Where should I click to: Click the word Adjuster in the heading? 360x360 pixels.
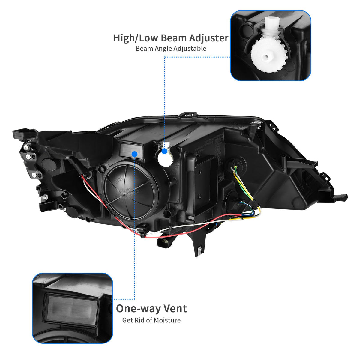click(208, 38)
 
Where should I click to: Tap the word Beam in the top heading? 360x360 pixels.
click(173, 38)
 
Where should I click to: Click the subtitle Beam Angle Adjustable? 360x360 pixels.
click(171, 49)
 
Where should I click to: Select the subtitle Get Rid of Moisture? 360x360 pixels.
click(151, 320)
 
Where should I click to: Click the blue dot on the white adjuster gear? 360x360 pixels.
click(164, 151)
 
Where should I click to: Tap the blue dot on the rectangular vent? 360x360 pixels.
click(134, 154)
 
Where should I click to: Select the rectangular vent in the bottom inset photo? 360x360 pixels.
click(71, 311)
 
